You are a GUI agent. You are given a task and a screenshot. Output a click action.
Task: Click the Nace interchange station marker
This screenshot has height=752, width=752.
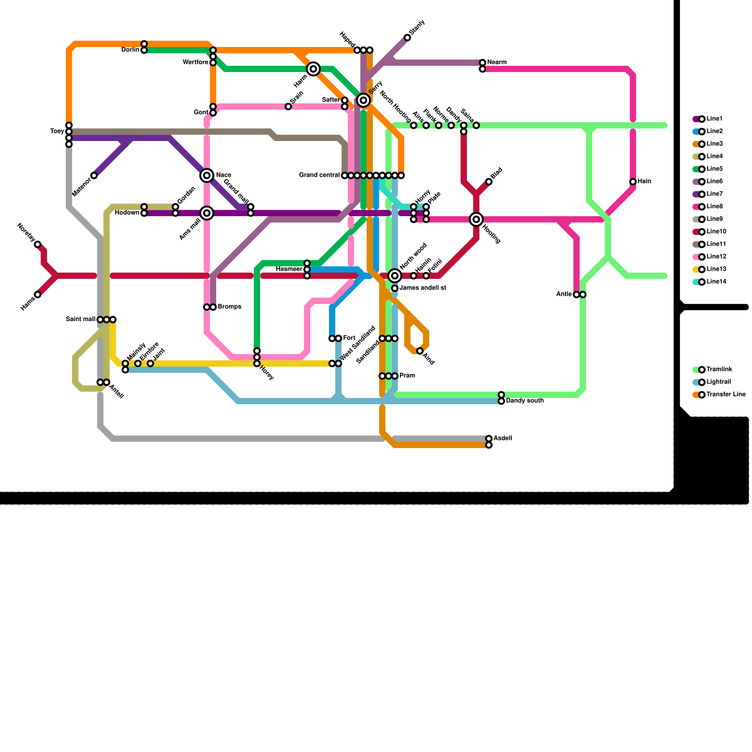(207, 175)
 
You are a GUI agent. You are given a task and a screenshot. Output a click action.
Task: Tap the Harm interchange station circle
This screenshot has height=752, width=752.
(313, 69)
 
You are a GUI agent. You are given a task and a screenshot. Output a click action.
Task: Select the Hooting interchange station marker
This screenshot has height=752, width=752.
(476, 219)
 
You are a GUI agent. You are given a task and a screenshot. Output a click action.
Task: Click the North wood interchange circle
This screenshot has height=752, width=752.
(395, 275)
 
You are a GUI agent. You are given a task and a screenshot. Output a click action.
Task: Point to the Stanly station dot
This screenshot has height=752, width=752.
(407, 38)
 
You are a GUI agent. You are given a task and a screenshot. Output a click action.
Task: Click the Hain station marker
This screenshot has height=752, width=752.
(633, 182)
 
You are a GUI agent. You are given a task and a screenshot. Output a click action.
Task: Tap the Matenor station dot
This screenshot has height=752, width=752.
(94, 176)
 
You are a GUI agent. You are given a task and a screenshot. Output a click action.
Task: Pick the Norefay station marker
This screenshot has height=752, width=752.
(38, 244)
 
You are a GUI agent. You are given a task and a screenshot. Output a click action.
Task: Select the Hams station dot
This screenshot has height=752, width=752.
(38, 295)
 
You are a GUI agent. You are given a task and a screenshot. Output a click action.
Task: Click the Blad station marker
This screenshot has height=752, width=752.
(489, 182)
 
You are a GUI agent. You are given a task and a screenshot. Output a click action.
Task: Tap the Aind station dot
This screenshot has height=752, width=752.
(420, 351)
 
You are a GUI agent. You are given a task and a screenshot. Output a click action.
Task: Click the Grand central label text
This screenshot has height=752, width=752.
(320, 175)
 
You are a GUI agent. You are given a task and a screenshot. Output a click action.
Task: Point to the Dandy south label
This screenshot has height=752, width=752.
(525, 401)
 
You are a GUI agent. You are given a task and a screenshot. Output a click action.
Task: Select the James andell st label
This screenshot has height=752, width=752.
(423, 288)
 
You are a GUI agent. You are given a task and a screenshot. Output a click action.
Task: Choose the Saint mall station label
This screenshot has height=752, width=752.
(81, 320)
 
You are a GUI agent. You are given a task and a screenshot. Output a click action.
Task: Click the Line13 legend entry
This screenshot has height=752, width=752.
(711, 269)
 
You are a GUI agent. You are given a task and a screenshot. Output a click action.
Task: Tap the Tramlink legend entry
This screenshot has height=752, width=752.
(713, 369)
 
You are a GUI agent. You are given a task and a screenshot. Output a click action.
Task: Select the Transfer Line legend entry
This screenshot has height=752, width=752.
(719, 395)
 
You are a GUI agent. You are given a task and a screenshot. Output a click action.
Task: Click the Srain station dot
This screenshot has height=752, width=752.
(288, 107)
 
